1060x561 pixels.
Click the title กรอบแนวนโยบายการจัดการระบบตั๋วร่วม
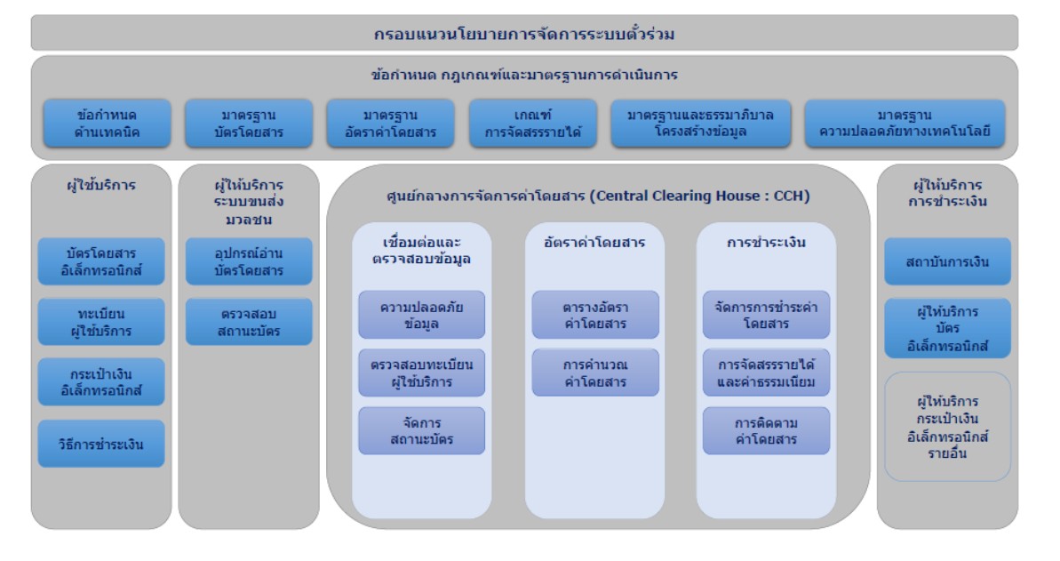tap(524, 34)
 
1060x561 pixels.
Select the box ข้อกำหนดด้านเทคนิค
tap(108, 124)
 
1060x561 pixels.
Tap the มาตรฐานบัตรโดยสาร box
tap(249, 124)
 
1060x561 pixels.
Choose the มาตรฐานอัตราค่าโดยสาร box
tap(391, 124)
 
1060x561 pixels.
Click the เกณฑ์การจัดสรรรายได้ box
tap(533, 124)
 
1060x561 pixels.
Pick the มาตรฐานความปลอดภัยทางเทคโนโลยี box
tap(905, 124)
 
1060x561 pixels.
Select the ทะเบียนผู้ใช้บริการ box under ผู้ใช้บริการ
tap(101, 322)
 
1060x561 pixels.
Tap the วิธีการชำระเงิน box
tap(101, 444)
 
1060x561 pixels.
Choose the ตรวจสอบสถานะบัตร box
tap(249, 322)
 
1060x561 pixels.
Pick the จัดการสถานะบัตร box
tap(422, 431)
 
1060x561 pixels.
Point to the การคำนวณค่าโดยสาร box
tap(595, 373)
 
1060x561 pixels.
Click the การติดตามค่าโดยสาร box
tap(766, 431)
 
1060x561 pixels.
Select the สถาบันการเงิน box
tap(947, 261)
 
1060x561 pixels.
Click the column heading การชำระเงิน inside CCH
tap(766, 242)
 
